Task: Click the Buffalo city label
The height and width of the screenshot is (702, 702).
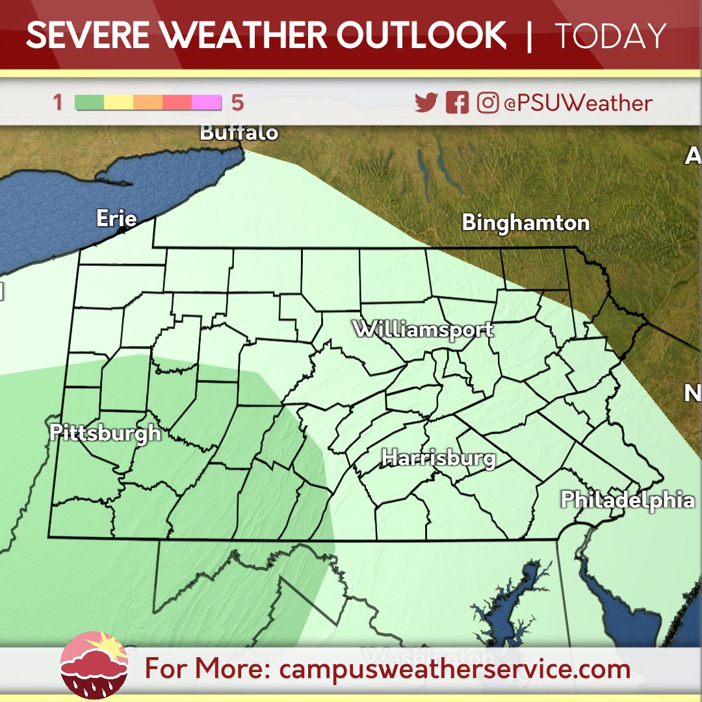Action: [x=239, y=133]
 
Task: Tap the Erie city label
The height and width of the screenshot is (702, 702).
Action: [x=116, y=218]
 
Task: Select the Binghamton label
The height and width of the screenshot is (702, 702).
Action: [x=525, y=223]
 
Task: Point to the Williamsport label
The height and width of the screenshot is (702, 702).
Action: [x=423, y=329]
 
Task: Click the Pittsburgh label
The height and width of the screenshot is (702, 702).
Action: [x=105, y=433]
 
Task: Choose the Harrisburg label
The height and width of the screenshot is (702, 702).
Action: [x=439, y=458]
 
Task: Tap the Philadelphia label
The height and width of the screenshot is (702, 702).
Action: [x=627, y=500]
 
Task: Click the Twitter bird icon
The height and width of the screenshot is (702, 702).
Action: [x=426, y=103]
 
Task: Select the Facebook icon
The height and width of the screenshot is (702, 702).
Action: [x=457, y=103]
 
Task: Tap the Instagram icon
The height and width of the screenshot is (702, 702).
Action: [x=487, y=103]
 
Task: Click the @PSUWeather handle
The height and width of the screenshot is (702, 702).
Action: [x=577, y=103]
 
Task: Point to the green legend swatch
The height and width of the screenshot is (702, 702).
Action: [x=90, y=103]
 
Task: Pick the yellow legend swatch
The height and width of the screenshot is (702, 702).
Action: [x=119, y=103]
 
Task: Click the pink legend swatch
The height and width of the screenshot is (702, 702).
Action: [x=207, y=103]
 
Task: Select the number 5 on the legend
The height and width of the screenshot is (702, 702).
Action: [x=237, y=103]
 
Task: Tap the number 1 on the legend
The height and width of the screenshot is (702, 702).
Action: [x=58, y=103]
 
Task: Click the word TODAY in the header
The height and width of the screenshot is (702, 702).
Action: [x=610, y=36]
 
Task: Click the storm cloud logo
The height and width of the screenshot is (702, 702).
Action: [x=94, y=665]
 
